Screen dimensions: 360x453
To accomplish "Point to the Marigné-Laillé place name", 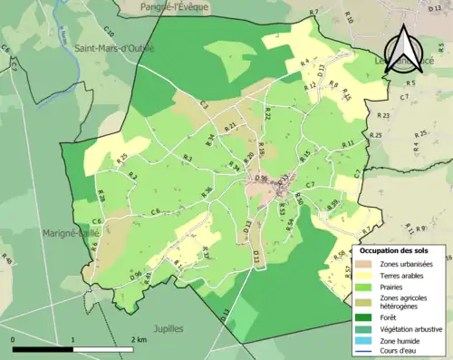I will coord(69,233).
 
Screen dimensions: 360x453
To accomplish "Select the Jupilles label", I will coord(169,327).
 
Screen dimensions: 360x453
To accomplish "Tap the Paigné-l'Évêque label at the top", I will coord(175,6).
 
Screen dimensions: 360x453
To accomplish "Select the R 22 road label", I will coord(267,113).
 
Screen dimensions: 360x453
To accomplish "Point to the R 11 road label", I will coord(347,144).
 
